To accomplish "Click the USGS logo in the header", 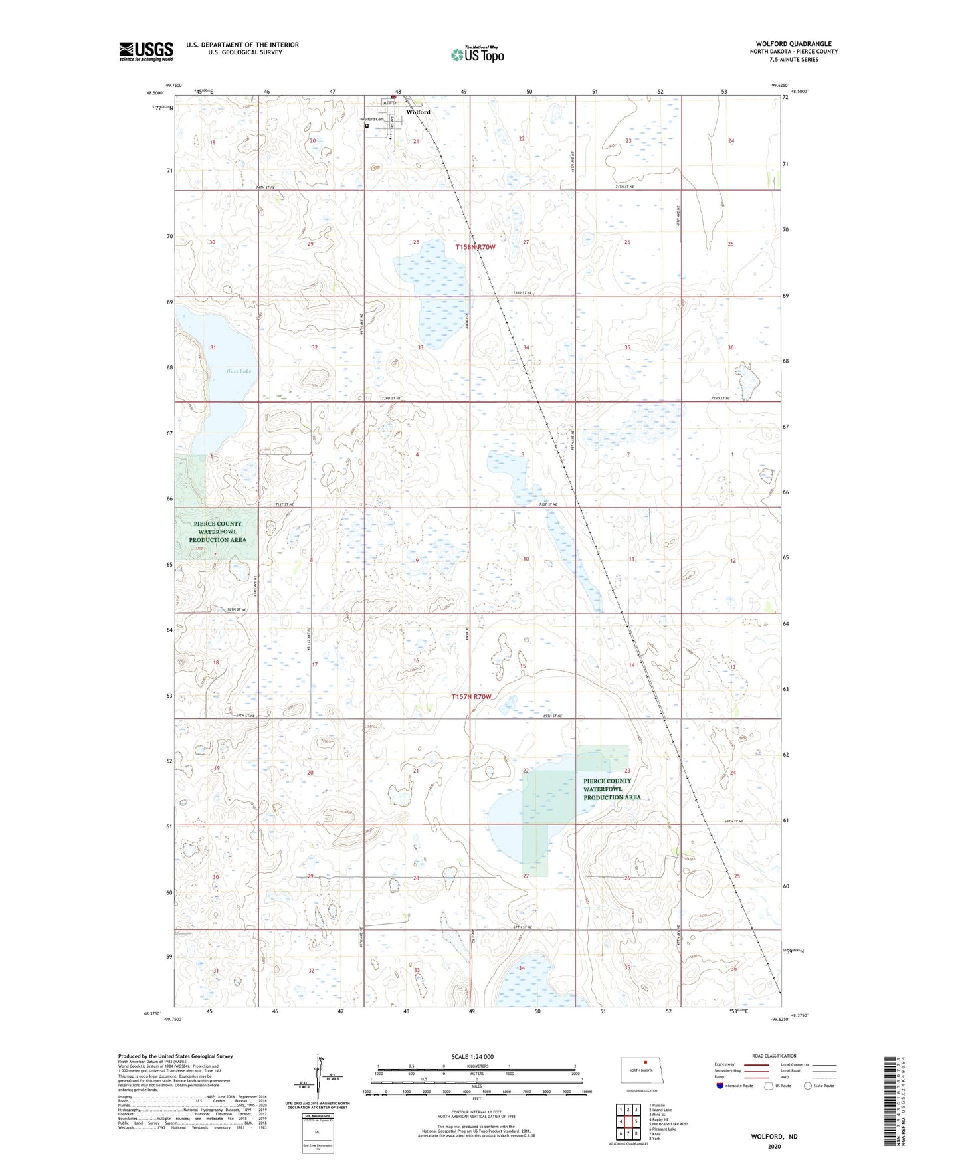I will pyautogui.click(x=146, y=51).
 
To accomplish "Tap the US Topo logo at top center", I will pyautogui.click(x=477, y=54).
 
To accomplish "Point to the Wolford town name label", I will pyautogui.click(x=419, y=112).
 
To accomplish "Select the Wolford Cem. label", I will pyautogui.click(x=373, y=120).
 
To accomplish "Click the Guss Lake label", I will pyautogui.click(x=239, y=371).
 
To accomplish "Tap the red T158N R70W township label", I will pyautogui.click(x=475, y=247).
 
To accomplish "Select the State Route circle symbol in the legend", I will pyautogui.click(x=808, y=1086).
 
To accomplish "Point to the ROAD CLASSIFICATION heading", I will pyautogui.click(x=774, y=1056).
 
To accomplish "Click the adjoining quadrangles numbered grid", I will pyautogui.click(x=628, y=1121).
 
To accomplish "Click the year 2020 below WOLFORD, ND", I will pyautogui.click(x=774, y=1147).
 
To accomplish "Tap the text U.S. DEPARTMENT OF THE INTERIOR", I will pyautogui.click(x=242, y=45).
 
